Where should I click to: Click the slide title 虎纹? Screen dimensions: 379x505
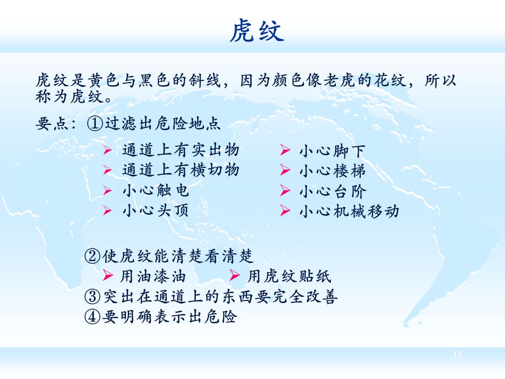(256, 32)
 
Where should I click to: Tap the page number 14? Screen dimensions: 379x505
(457, 354)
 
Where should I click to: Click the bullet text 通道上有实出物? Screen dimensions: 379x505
(180, 151)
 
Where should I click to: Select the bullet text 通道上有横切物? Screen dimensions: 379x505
(180, 171)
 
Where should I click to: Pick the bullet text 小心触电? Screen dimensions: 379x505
(155, 191)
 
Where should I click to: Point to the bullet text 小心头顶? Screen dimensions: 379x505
(155, 211)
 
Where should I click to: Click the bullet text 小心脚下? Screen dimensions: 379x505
(332, 151)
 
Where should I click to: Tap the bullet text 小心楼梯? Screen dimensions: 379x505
(332, 171)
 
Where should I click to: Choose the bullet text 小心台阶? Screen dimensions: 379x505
(332, 191)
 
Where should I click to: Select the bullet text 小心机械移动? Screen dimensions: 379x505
(349, 211)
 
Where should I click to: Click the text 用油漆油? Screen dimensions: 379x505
(153, 276)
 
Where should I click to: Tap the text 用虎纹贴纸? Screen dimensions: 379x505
(289, 276)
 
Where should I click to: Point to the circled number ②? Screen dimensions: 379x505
(92, 256)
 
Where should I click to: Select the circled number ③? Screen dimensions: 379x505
(92, 297)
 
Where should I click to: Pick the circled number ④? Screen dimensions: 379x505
(92, 317)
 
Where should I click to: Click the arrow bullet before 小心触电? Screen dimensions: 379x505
(107, 191)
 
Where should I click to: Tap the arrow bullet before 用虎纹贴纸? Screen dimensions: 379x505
(235, 276)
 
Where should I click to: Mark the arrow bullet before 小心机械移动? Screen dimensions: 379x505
(285, 211)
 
